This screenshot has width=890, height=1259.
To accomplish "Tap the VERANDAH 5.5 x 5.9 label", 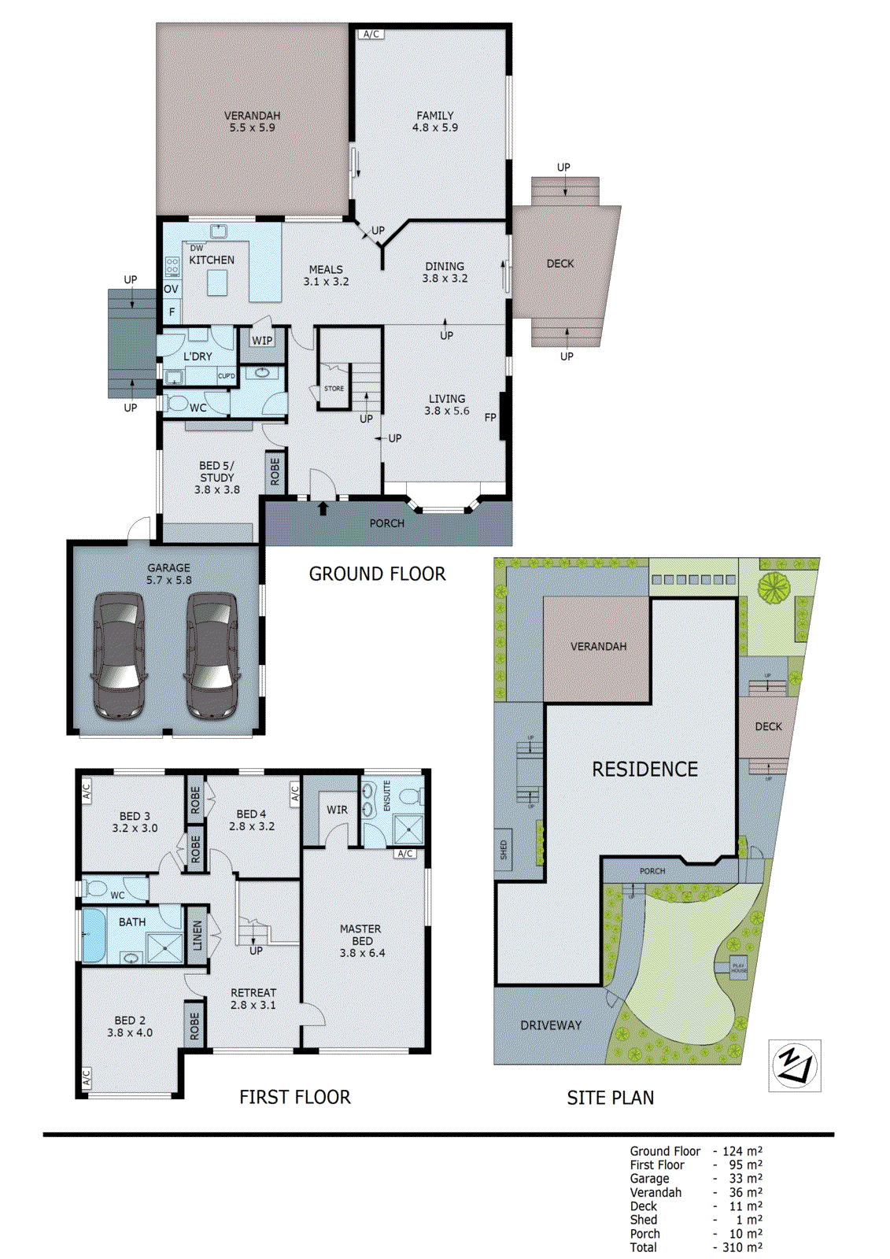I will pyautogui.click(x=252, y=121).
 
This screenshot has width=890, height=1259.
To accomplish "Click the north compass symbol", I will pyautogui.click(x=794, y=1065).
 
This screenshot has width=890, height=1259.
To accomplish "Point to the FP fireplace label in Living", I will pyautogui.click(x=490, y=418).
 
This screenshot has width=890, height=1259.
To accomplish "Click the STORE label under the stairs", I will pyautogui.click(x=334, y=389).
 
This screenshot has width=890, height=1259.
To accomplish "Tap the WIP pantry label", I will pyautogui.click(x=262, y=341).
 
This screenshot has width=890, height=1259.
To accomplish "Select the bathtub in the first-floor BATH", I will pyautogui.click(x=94, y=935).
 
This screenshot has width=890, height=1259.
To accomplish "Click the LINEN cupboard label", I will pyautogui.click(x=198, y=936).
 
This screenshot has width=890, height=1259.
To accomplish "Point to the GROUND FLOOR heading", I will pyautogui.click(x=377, y=574).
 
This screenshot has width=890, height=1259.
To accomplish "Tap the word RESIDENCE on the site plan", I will pyautogui.click(x=644, y=770).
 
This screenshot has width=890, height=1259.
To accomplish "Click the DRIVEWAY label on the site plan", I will pyautogui.click(x=551, y=1025).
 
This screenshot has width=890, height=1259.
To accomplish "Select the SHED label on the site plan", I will pyautogui.click(x=504, y=850).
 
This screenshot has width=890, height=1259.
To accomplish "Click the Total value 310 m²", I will pyautogui.click(x=742, y=1247).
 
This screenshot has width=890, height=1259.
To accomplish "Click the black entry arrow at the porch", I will pyautogui.click(x=323, y=509).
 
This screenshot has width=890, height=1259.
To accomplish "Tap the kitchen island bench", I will pyautogui.click(x=217, y=282).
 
